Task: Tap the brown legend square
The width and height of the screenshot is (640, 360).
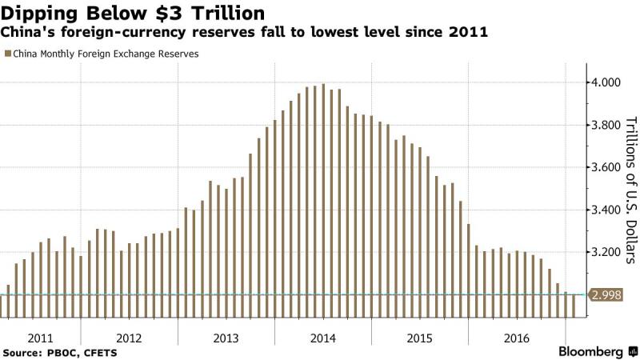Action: pyautogui.click(x=7, y=54)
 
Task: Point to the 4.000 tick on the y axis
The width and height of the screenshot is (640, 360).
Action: pyautogui.click(x=606, y=83)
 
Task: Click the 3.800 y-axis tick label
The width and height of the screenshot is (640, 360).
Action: pyautogui.click(x=606, y=126)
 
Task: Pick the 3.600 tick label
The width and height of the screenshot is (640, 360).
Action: pyautogui.click(x=606, y=168)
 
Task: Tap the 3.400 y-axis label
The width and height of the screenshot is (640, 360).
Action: pyautogui.click(x=606, y=210)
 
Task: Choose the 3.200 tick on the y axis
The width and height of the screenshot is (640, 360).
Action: pyautogui.click(x=606, y=253)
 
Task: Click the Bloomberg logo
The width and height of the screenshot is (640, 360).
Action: pyautogui.click(x=590, y=351)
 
